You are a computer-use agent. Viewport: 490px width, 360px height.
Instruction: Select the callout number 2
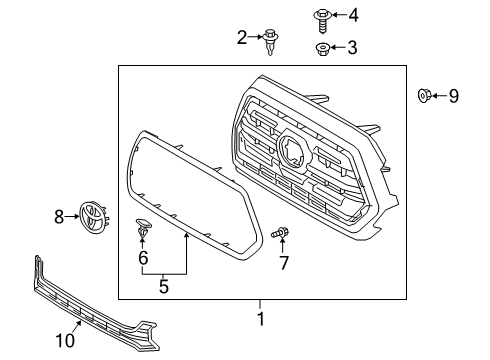point(242,38)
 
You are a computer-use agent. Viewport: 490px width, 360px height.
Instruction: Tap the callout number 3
point(351,47)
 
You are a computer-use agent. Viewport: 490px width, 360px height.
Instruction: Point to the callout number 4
point(351,15)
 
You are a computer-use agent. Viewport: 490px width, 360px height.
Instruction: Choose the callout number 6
point(143,258)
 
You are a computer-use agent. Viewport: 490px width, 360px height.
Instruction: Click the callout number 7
point(283,263)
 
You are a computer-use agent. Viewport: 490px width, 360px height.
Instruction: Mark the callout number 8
point(59,214)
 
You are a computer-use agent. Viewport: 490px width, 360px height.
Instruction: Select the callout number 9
point(453,96)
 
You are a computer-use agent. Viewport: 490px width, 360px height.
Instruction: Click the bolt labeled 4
point(323,16)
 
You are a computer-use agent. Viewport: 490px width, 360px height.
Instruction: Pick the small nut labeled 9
point(424,96)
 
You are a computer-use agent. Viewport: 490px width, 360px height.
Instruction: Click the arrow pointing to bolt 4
point(338,15)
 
